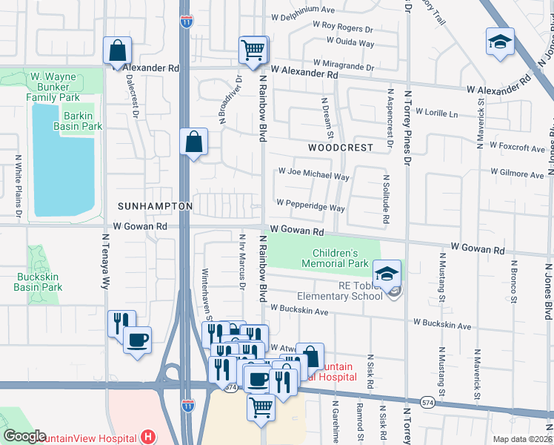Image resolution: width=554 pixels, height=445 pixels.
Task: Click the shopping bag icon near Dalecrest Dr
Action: (x=117, y=51)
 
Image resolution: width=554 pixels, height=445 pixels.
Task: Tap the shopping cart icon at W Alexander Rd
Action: (x=253, y=50)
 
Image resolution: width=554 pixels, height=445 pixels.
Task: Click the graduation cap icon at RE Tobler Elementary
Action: (x=387, y=274)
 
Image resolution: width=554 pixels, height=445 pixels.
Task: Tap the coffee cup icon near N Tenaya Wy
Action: (x=137, y=340)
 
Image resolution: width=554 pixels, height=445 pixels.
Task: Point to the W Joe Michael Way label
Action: (x=313, y=177)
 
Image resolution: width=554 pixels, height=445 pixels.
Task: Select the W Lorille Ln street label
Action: (x=437, y=114)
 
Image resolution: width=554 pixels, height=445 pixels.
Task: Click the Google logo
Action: (x=24, y=436)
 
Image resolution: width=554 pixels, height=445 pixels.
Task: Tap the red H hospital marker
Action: (x=148, y=438)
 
